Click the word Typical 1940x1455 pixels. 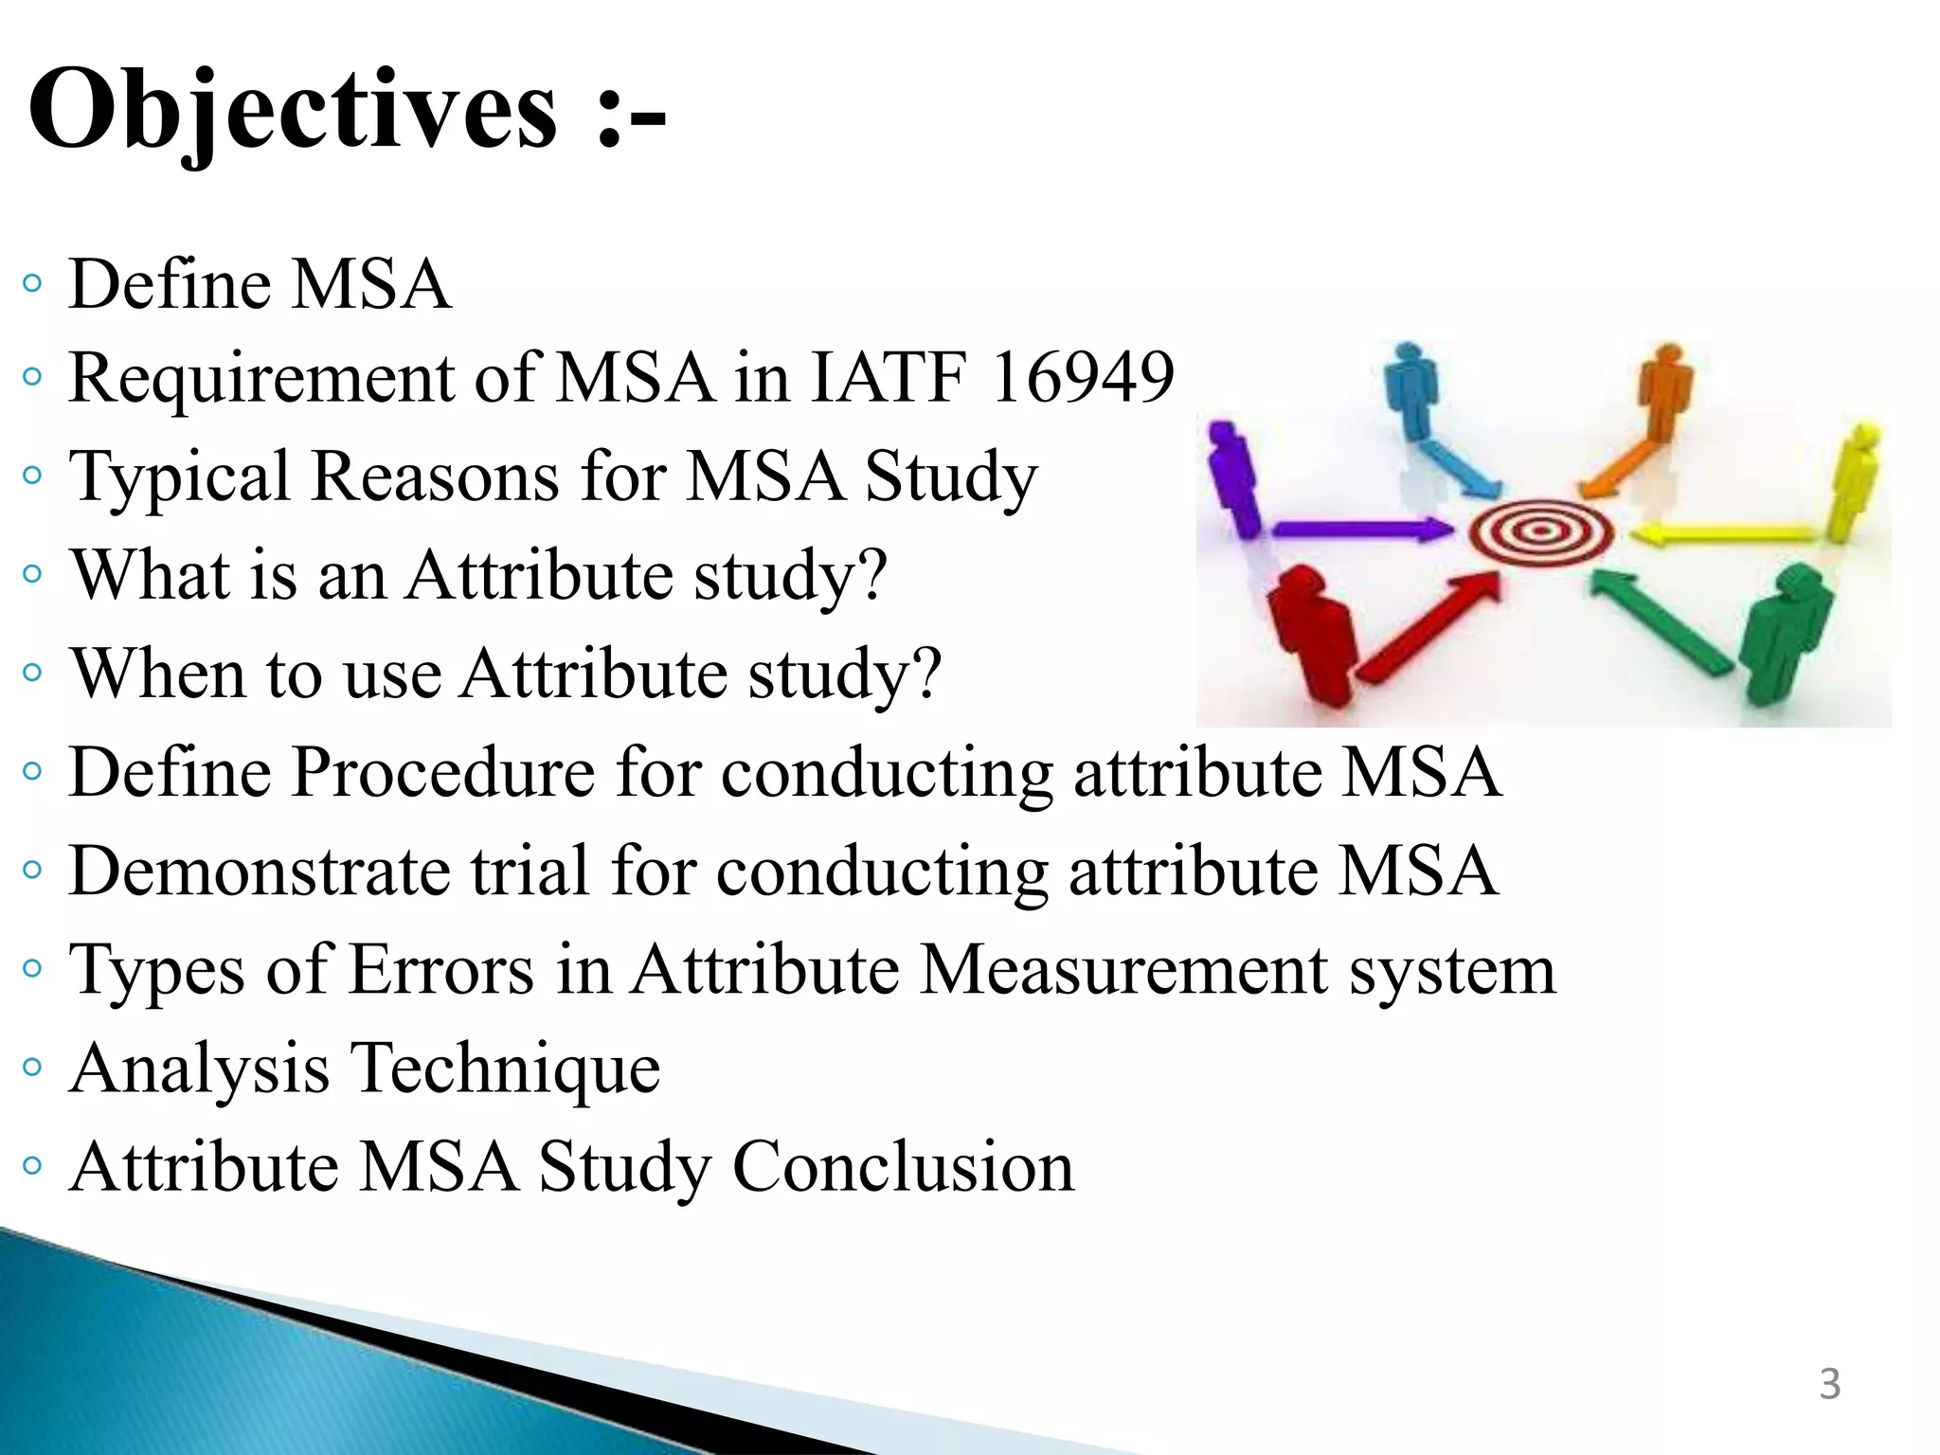[x=179, y=477]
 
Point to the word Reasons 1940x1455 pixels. [x=435, y=477]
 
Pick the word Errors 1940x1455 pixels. [x=441, y=970]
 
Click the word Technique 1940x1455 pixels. [x=507, y=1069]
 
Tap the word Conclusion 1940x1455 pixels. [x=904, y=1167]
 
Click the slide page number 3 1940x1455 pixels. [x=1829, y=1384]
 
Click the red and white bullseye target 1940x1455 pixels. [x=1540, y=532]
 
